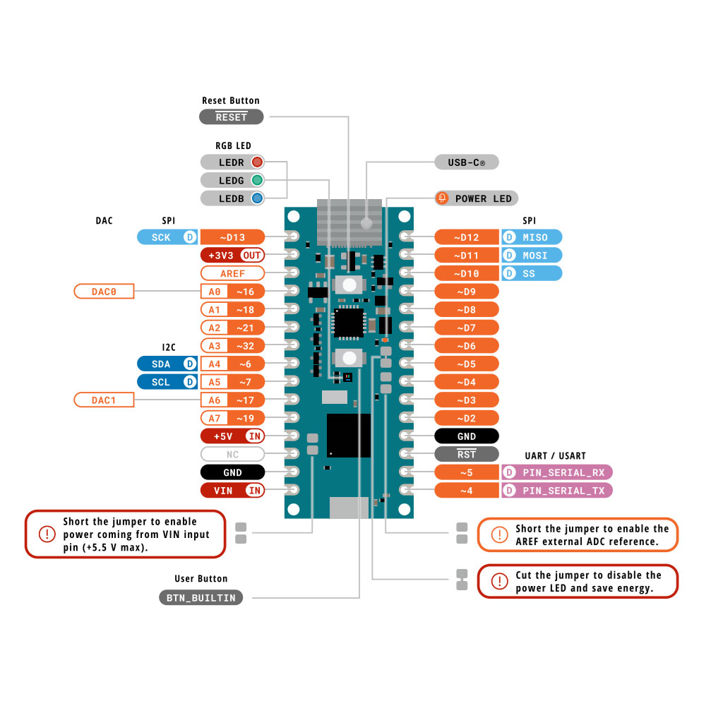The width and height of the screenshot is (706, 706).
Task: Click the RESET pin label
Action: click(232, 117)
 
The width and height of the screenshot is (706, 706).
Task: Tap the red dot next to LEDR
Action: click(257, 162)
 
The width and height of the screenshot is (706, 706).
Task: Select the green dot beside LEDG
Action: click(257, 180)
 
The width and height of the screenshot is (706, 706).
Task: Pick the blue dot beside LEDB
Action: click(257, 198)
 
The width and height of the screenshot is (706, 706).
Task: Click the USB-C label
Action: click(467, 162)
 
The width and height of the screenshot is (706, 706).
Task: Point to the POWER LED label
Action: click(477, 198)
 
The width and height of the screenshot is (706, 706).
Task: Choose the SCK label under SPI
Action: click(167, 237)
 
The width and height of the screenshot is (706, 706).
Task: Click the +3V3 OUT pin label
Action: click(232, 256)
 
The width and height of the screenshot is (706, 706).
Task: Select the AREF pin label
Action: click(232, 273)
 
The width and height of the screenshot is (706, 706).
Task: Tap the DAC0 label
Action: click(104, 292)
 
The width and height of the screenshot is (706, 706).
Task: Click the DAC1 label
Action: click(104, 400)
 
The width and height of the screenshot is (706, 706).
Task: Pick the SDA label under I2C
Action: click(167, 364)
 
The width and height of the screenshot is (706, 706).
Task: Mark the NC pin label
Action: click(232, 454)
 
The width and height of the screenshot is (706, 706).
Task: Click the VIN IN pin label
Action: click(232, 491)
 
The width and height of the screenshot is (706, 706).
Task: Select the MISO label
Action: click(532, 237)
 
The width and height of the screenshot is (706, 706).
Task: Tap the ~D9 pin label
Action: click(467, 292)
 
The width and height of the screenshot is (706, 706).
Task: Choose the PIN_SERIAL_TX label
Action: click(557, 491)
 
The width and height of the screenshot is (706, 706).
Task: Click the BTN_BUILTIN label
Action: click(201, 597)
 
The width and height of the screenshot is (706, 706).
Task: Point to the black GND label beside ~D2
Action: click(467, 436)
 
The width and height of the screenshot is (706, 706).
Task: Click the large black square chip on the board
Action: click(349, 436)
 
